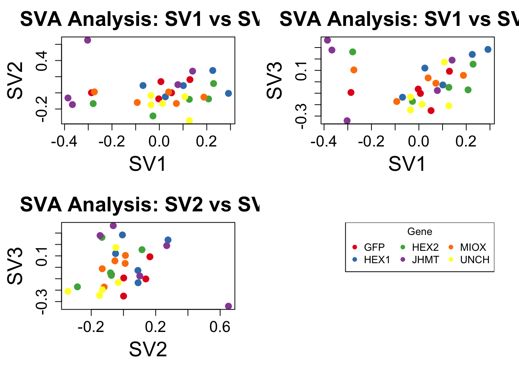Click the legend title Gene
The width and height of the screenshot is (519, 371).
pos(419,231)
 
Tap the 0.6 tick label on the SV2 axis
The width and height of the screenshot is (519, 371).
pos(220,327)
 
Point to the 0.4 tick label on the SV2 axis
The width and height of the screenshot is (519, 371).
pos(42,60)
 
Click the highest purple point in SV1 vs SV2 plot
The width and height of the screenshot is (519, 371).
pos(88,40)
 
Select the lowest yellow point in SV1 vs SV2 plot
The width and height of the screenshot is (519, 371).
pos(189,121)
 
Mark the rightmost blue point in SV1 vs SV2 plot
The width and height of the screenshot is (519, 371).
pos(228,94)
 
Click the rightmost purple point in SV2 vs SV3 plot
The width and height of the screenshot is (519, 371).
pos(228,306)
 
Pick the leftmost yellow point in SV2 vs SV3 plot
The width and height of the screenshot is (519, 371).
pos(68,291)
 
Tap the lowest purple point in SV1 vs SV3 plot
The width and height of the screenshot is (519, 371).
pos(347,121)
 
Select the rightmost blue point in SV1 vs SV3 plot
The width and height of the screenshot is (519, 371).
pos(488,49)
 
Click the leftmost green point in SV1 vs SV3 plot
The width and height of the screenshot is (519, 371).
pos(353,52)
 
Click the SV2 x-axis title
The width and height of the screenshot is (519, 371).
pos(148,349)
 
